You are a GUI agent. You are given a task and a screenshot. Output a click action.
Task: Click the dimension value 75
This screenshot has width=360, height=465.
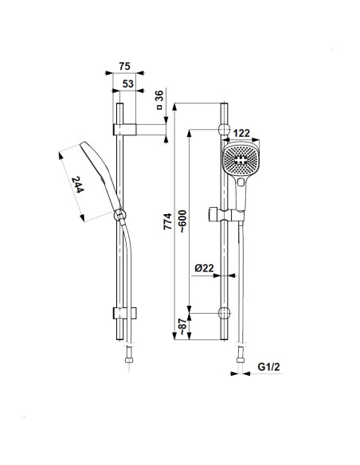(124, 66)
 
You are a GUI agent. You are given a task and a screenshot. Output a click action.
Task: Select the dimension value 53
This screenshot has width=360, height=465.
(128, 84)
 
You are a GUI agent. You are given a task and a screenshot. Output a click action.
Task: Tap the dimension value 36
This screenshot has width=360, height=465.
(159, 96)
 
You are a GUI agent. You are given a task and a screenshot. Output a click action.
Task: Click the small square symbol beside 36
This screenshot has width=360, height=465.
(159, 107)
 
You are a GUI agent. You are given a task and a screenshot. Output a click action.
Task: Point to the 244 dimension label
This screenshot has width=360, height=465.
(78, 185)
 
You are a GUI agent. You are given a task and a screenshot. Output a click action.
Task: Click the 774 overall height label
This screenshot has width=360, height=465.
(167, 221)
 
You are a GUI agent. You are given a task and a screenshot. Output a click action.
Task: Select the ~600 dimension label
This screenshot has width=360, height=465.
(182, 221)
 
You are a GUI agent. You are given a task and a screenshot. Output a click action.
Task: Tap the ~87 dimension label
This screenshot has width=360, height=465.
(182, 326)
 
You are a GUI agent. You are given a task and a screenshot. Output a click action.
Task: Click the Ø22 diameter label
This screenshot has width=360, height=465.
(204, 268)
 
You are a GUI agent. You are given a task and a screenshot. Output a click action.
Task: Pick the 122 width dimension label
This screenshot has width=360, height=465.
(241, 133)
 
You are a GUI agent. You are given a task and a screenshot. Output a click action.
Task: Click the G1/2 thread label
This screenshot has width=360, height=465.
(268, 367)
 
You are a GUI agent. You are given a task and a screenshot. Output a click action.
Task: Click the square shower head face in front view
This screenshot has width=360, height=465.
(241, 159)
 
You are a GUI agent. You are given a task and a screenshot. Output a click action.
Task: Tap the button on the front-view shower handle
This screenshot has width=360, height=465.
(241, 182)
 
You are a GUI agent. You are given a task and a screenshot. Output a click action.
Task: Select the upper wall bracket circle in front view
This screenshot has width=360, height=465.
(224, 130)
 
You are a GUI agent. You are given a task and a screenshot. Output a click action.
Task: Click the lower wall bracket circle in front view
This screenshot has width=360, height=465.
(224, 313)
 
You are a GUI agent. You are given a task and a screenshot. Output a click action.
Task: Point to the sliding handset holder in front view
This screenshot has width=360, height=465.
(226, 214)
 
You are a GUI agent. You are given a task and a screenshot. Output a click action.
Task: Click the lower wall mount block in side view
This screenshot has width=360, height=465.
(125, 313)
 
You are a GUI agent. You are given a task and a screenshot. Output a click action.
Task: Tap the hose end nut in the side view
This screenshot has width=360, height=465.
(129, 361)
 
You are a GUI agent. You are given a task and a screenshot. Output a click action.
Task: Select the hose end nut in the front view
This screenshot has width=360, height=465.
(241, 361)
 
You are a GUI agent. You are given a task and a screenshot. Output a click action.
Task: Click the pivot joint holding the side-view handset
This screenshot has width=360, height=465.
(119, 215)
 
